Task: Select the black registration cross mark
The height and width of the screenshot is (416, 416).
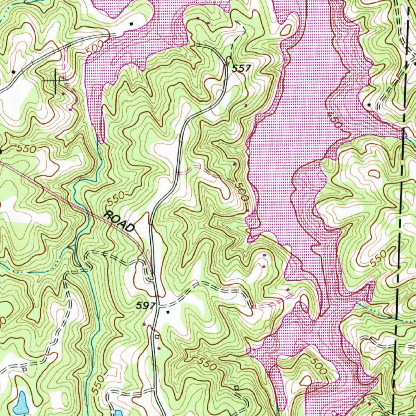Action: point(55,81)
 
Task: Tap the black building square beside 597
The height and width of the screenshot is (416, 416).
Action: point(167,312)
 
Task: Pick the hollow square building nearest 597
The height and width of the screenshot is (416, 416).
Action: point(157,337)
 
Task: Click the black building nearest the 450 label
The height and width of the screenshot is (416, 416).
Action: point(369,105)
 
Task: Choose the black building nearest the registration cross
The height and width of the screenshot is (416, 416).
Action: point(13,72)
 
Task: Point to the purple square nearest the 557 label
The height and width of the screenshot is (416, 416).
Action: point(246,106)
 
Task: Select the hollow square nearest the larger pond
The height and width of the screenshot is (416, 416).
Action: point(24,369)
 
